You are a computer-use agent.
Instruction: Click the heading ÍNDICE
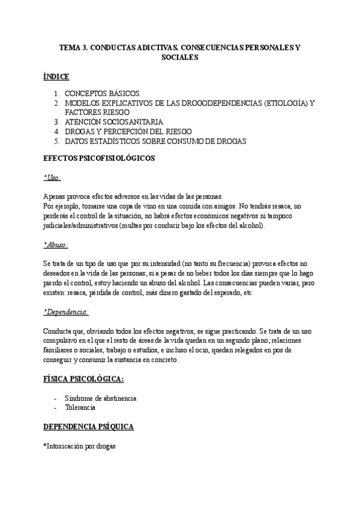click(x=56, y=77)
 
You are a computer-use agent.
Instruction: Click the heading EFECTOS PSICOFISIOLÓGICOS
click(x=99, y=158)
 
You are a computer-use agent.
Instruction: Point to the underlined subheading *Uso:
click(x=52, y=178)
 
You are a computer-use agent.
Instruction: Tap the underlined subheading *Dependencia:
click(x=66, y=312)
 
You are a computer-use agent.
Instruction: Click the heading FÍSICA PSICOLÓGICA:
click(x=83, y=379)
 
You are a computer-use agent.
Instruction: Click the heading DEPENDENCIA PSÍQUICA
click(x=88, y=427)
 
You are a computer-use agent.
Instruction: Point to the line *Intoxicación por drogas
click(x=80, y=447)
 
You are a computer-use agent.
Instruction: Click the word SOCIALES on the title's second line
click(x=180, y=58)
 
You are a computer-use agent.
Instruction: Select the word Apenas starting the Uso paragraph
click(x=55, y=197)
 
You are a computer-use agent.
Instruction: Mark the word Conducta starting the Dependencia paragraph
click(x=58, y=331)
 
